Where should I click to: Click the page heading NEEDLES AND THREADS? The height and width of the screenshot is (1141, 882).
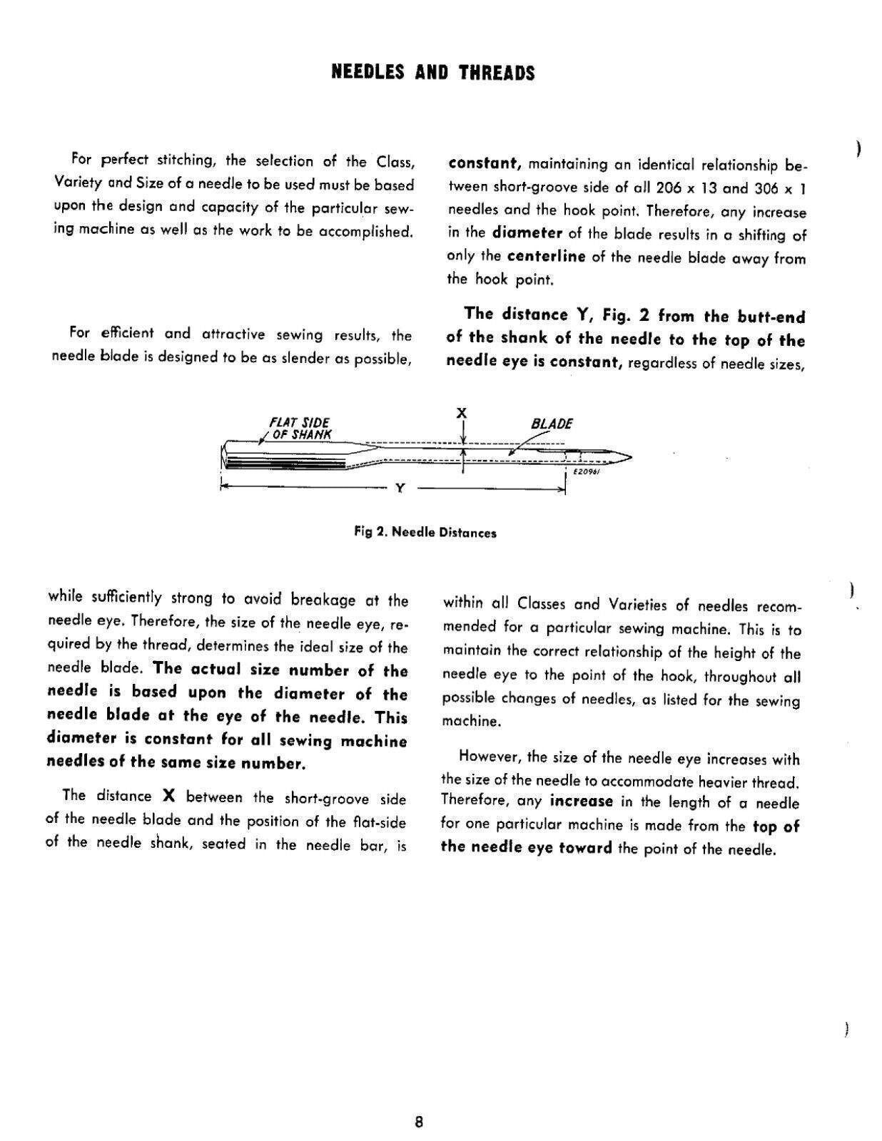click(x=433, y=73)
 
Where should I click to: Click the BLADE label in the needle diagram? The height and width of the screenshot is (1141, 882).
click(x=552, y=424)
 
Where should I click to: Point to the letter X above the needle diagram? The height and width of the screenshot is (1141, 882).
click(x=462, y=413)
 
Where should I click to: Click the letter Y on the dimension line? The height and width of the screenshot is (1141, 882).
click(x=400, y=488)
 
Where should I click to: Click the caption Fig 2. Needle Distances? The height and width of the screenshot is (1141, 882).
click(x=425, y=533)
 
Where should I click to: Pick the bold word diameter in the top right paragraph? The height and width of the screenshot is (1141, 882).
click(x=527, y=233)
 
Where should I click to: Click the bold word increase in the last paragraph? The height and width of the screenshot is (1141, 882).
click(x=581, y=801)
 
